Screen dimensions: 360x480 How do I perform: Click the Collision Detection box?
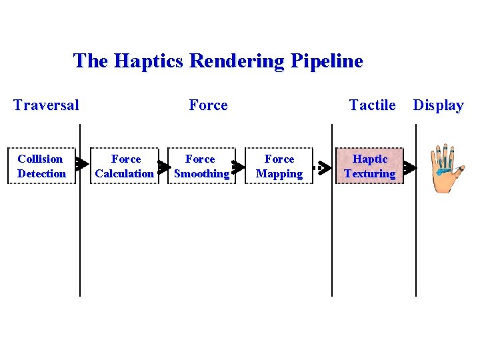click(x=41, y=166)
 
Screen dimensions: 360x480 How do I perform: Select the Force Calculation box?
click(x=125, y=166)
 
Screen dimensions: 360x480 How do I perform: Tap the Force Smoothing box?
click(x=201, y=166)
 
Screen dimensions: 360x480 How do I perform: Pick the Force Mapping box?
click(x=279, y=166)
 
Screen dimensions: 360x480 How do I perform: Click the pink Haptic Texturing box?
click(x=369, y=166)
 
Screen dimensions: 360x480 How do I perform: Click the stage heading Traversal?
click(x=46, y=105)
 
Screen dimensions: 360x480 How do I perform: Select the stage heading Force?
click(x=208, y=105)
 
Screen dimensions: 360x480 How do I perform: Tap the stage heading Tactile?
click(x=372, y=105)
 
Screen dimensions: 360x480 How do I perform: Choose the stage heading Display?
click(x=438, y=105)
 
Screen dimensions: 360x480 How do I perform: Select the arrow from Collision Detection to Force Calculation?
click(x=81, y=163)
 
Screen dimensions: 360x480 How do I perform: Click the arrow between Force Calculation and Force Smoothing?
click(x=163, y=166)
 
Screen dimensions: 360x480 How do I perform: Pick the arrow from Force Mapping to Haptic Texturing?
click(x=323, y=167)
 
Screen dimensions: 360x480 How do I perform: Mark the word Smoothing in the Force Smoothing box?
click(x=201, y=174)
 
